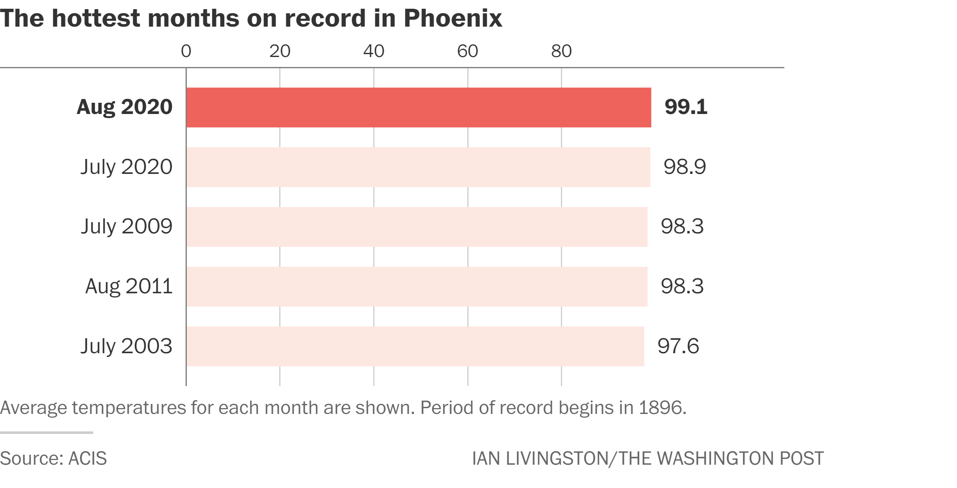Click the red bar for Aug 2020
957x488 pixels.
coord(419,107)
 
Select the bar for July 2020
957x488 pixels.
coord(418,167)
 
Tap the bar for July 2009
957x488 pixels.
coord(417,227)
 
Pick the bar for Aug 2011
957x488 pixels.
coord(417,287)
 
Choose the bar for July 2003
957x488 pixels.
coord(415,346)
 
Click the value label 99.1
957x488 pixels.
coord(686,107)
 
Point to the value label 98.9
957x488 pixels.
coord(684,167)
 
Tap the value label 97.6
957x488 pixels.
coord(678,346)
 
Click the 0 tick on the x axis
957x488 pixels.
coord(186,51)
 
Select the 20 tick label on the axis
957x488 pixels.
coord(280,51)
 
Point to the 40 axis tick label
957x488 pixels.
coord(374,51)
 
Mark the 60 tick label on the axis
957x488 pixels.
coord(468,51)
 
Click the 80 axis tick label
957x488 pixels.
coord(561,51)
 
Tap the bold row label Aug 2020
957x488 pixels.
coord(124,107)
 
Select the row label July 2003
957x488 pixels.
coord(126,346)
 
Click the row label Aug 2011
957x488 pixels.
coord(129,286)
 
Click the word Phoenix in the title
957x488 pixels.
coord(453,18)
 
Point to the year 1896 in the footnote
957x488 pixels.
coord(662,408)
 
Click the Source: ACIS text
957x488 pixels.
coord(53,458)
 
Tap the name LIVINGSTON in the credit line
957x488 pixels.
coord(557,458)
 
